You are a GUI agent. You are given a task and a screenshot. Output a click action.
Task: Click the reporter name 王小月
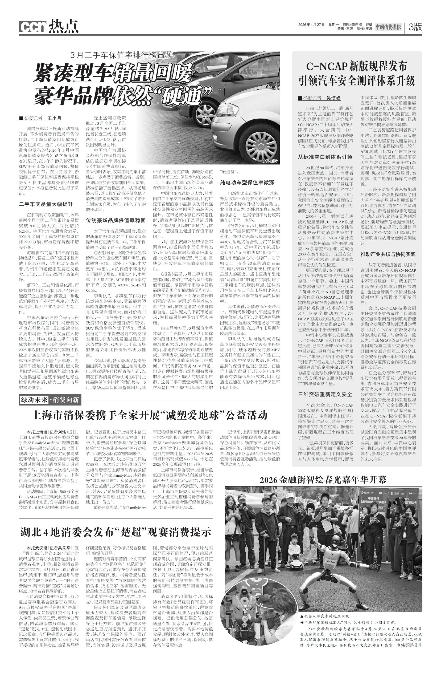[54, 119]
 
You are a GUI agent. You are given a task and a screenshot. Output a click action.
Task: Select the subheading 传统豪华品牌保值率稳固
[116, 220]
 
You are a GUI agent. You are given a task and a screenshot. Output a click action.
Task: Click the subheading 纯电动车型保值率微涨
[247, 183]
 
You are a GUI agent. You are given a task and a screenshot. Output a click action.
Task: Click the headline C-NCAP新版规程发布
[357, 66]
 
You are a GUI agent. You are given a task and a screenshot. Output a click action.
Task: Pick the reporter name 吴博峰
[333, 98]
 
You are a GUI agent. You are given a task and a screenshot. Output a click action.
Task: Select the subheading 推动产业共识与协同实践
[388, 254]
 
